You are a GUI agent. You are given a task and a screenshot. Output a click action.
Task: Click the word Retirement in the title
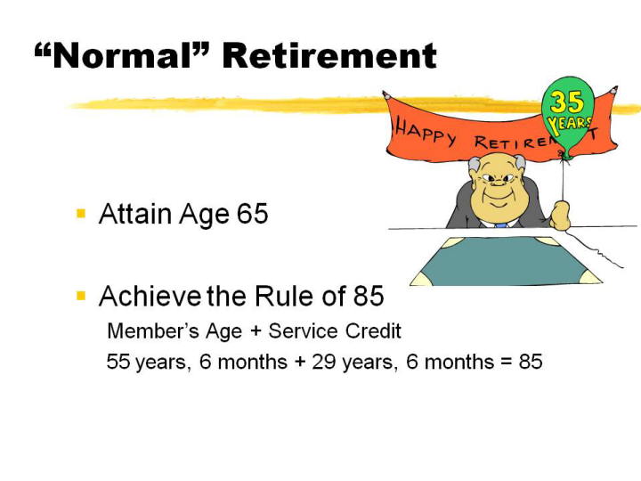tap(329, 55)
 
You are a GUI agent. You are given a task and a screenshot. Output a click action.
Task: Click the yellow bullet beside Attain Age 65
tap(81, 213)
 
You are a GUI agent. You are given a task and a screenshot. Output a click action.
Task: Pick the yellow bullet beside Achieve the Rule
tap(81, 296)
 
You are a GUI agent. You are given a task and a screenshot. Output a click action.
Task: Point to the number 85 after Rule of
tap(369, 296)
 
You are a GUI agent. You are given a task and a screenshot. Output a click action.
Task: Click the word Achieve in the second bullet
tap(150, 296)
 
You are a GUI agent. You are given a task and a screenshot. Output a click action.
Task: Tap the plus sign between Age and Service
tap(256, 330)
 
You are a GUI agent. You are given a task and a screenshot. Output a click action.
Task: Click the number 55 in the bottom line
tap(118, 361)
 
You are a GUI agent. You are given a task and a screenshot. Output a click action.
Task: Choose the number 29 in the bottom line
tap(324, 361)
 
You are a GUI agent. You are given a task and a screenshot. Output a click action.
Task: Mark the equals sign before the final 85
tap(507, 362)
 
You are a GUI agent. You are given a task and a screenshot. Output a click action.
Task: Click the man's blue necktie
tap(500, 225)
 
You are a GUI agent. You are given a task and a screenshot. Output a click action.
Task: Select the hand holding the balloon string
tap(561, 216)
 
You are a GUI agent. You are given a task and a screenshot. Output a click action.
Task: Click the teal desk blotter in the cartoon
tap(506, 261)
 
